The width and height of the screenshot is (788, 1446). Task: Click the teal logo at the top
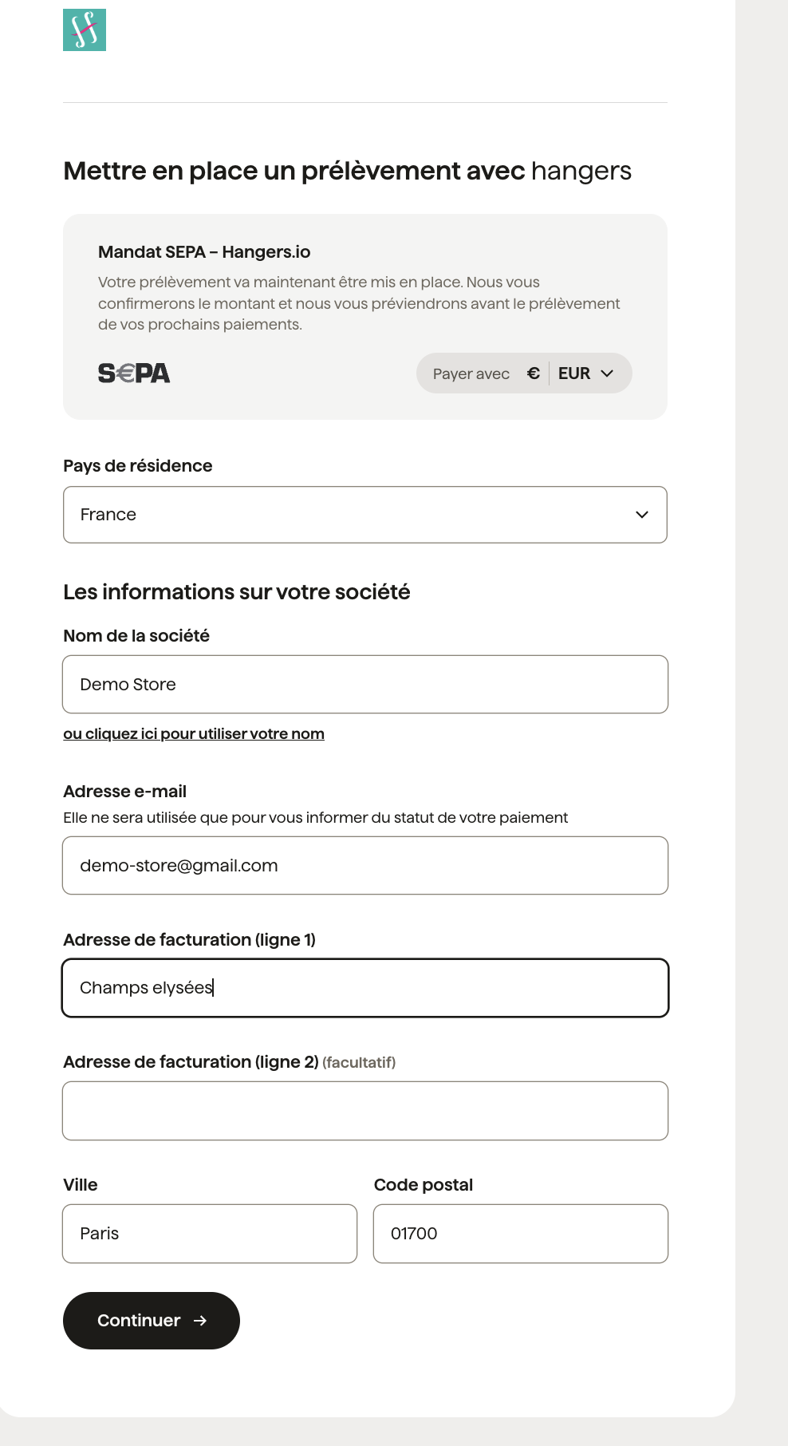tap(85, 30)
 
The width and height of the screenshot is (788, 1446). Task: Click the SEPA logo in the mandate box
tap(134, 373)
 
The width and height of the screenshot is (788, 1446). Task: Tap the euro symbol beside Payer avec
tap(534, 373)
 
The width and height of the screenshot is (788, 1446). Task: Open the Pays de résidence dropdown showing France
tap(365, 515)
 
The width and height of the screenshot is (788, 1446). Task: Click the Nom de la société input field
tap(365, 685)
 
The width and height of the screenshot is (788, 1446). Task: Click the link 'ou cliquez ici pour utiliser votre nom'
tap(194, 734)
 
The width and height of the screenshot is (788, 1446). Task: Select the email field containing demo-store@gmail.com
tap(365, 866)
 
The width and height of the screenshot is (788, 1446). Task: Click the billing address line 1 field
tap(365, 988)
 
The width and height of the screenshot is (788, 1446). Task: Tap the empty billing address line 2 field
tap(365, 1111)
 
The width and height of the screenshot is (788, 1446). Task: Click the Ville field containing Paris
tap(210, 1234)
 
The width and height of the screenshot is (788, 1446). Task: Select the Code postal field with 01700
tap(521, 1234)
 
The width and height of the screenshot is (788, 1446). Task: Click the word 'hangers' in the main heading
tap(581, 171)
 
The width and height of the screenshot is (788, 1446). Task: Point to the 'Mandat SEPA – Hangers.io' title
tap(204, 252)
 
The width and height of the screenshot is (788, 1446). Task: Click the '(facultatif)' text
tap(359, 1062)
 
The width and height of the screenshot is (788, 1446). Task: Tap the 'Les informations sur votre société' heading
tap(237, 592)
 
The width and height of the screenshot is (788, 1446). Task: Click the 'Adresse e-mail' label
tap(125, 792)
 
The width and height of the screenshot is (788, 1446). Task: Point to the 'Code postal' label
tap(424, 1185)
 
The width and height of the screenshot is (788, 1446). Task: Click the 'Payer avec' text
tap(471, 373)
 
